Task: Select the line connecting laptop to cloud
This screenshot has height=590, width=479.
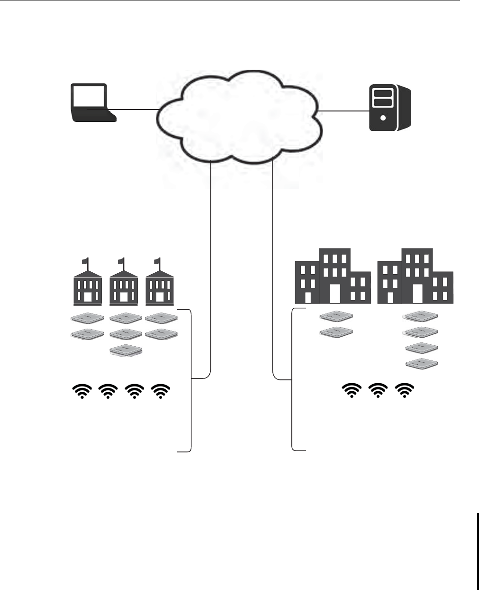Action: tap(135, 110)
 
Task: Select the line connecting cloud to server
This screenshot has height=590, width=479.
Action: tap(344, 111)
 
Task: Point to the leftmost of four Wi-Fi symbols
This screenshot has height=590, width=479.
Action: tap(82, 391)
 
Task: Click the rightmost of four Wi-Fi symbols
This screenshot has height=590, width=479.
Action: tap(161, 391)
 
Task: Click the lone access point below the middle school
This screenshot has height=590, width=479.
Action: tap(126, 350)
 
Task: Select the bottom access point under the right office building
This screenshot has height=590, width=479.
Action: tap(422, 364)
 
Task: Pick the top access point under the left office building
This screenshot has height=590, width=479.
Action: tap(336, 316)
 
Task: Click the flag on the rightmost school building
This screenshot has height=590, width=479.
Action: tap(157, 260)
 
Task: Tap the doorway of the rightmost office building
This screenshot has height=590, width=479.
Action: tap(417, 294)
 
